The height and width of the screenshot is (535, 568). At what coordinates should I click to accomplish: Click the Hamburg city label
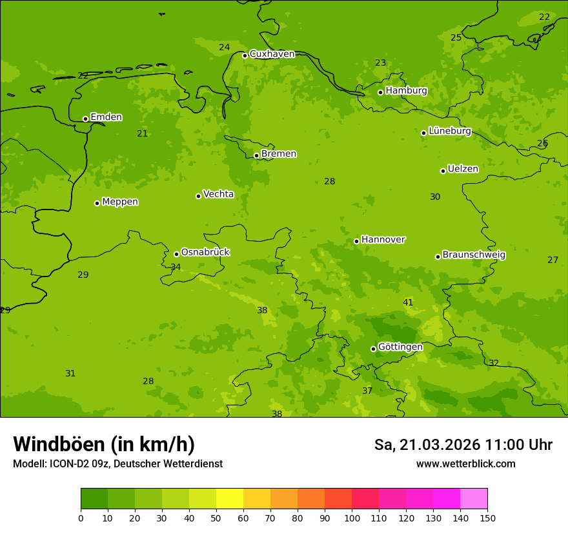pyautogui.click(x=406, y=91)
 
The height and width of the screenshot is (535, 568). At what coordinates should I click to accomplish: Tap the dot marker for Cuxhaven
pyautogui.click(x=245, y=55)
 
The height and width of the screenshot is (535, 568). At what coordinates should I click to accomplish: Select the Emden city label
pyautogui.click(x=106, y=117)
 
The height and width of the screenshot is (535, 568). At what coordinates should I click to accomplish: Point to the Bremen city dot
pyautogui.click(x=256, y=155)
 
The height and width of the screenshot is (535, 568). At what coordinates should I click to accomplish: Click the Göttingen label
pyautogui.click(x=400, y=347)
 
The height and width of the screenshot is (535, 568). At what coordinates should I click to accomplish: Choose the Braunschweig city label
pyautogui.click(x=474, y=255)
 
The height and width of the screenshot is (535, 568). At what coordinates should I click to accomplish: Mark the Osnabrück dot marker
pyautogui.click(x=176, y=254)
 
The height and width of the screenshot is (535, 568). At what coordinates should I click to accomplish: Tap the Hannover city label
pyautogui.click(x=383, y=240)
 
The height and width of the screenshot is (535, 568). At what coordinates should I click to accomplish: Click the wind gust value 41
pyautogui.click(x=408, y=303)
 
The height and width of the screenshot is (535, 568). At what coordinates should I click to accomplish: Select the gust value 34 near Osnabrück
pyautogui.click(x=176, y=267)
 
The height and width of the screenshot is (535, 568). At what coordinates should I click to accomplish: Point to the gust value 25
pyautogui.click(x=456, y=38)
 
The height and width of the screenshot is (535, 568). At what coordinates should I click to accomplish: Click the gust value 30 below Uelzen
pyautogui.click(x=435, y=197)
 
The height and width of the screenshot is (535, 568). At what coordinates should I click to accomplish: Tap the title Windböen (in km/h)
pyautogui.click(x=104, y=444)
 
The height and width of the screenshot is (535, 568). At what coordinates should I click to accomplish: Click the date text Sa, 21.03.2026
pyautogui.click(x=427, y=445)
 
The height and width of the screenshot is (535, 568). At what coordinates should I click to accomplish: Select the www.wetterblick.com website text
pyautogui.click(x=465, y=464)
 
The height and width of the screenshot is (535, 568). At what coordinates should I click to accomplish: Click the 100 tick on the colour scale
pyautogui.click(x=352, y=518)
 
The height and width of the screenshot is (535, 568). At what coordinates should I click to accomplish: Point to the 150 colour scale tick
pyautogui.click(x=487, y=518)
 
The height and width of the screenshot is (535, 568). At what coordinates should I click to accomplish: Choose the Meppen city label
pyautogui.click(x=120, y=202)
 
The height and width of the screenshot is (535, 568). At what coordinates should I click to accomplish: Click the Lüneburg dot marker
pyautogui.click(x=423, y=133)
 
